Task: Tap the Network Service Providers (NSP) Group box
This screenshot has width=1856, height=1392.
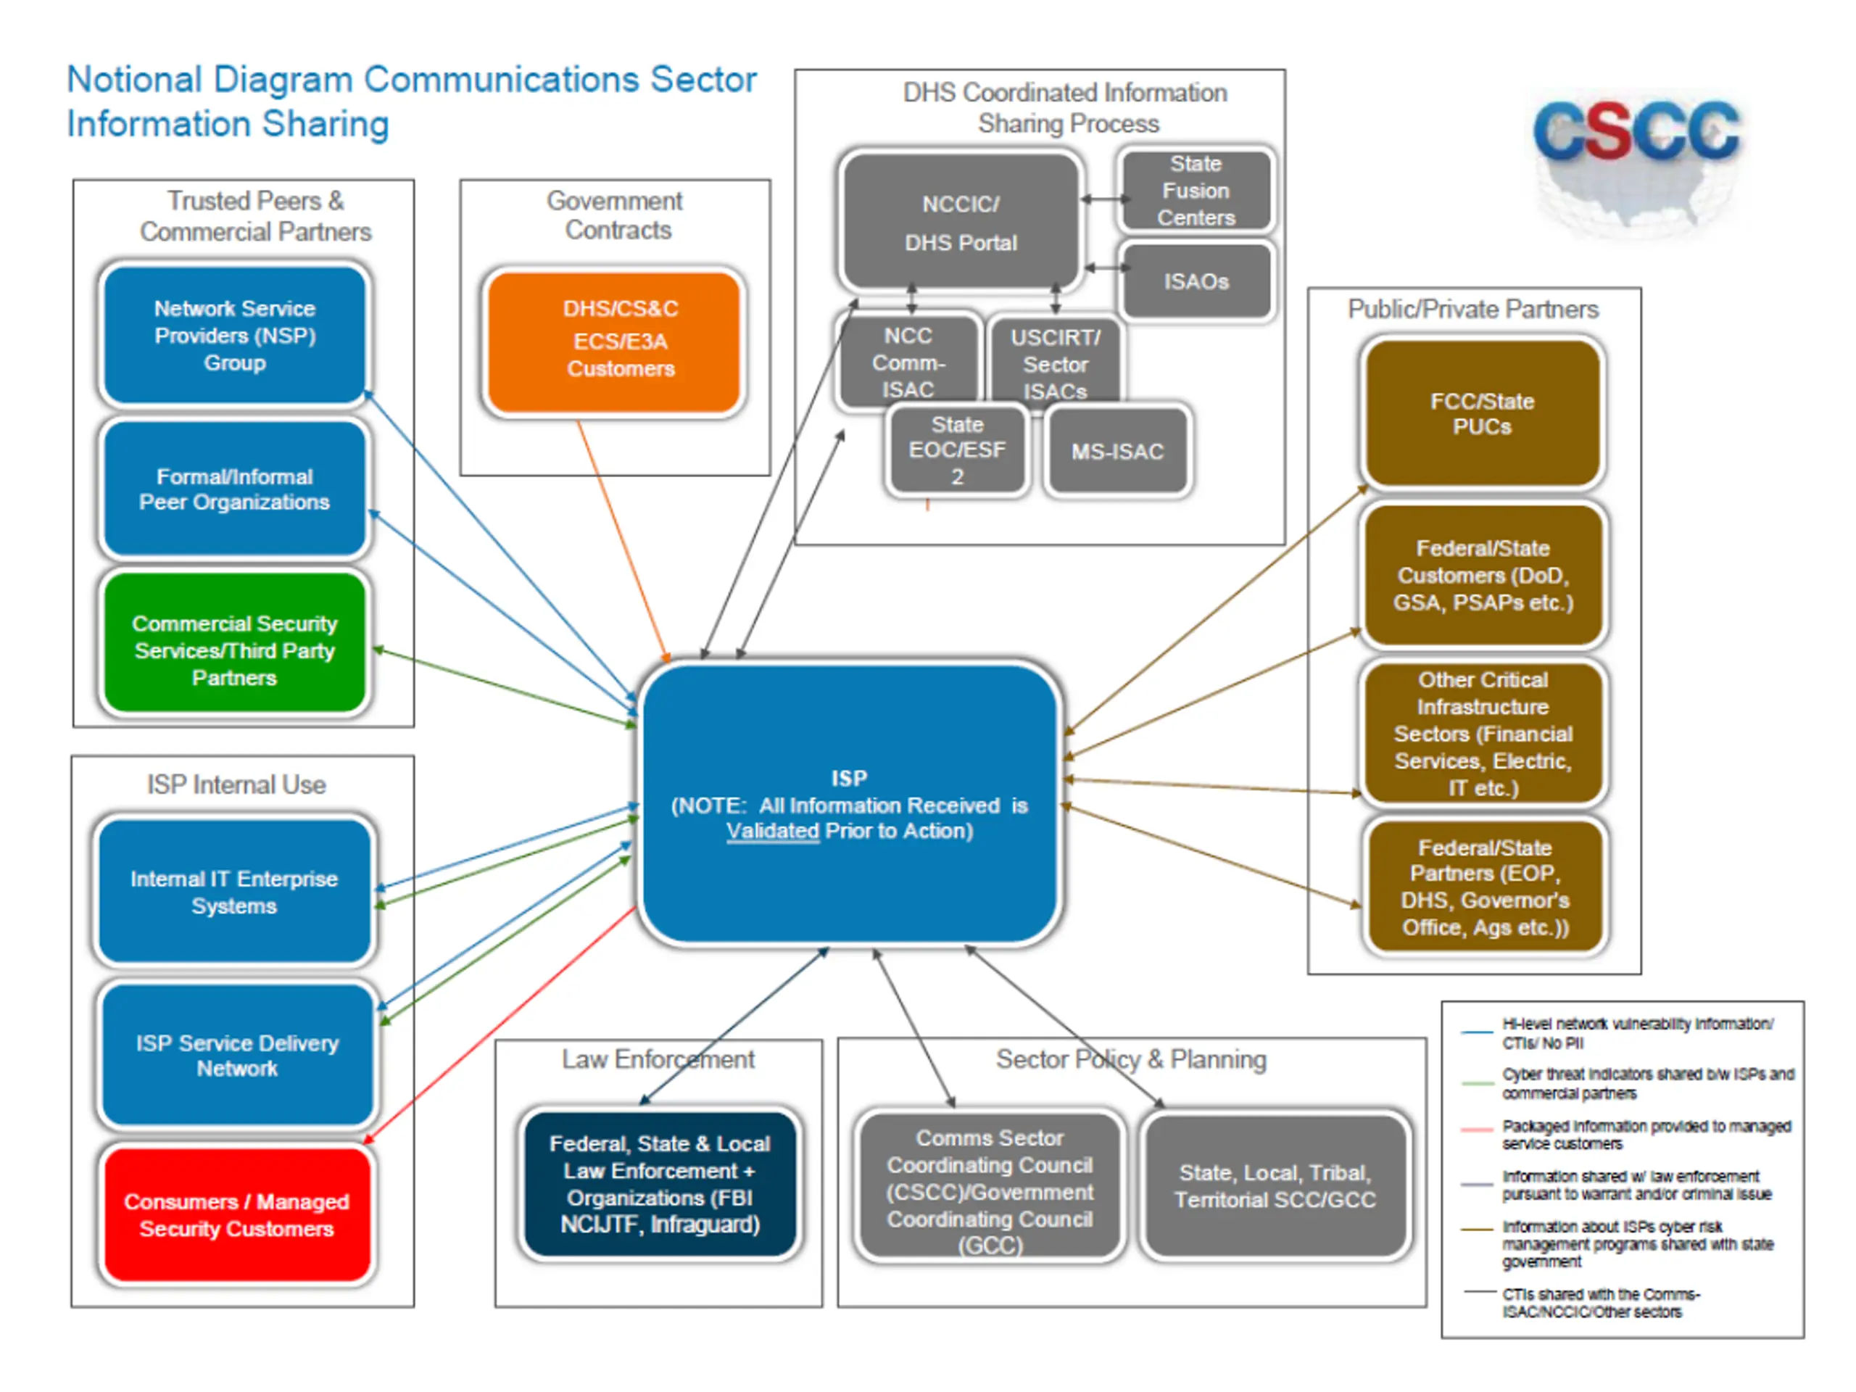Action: tap(235, 336)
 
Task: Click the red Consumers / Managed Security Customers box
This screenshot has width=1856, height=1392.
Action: tap(236, 1215)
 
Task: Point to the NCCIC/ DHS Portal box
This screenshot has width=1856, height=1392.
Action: tap(961, 223)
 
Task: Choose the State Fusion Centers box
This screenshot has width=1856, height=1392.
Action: tap(1196, 191)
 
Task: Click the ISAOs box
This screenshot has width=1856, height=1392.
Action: tap(1196, 281)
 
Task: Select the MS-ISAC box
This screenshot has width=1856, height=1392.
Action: tap(1118, 452)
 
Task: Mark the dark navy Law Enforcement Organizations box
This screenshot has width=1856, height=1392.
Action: tap(660, 1184)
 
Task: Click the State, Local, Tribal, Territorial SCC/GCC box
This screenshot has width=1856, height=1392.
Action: tap(1275, 1185)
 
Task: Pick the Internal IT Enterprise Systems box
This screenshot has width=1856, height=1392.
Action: tap(235, 892)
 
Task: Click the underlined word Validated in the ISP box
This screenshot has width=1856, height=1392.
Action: tap(772, 831)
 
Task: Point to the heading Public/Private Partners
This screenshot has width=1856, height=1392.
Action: tap(1473, 309)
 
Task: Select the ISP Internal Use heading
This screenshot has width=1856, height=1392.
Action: tap(236, 784)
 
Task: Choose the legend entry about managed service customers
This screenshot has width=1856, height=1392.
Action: tap(1644, 1135)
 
